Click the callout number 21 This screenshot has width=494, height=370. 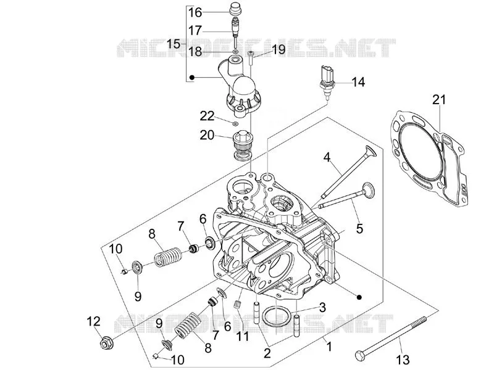pos(439,99)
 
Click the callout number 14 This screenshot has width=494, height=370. pos(358,82)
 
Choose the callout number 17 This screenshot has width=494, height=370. pos(195,30)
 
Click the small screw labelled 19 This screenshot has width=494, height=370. pos(251,57)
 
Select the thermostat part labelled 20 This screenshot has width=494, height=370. pos(241,145)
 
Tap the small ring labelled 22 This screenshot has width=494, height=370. pos(235,123)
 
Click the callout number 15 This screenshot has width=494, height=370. pos(174,44)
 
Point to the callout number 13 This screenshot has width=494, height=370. pos(403,360)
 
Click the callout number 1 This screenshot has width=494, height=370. pos(329,347)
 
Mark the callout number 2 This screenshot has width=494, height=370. pos(267,353)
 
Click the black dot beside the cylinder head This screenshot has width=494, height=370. pos(359,297)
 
